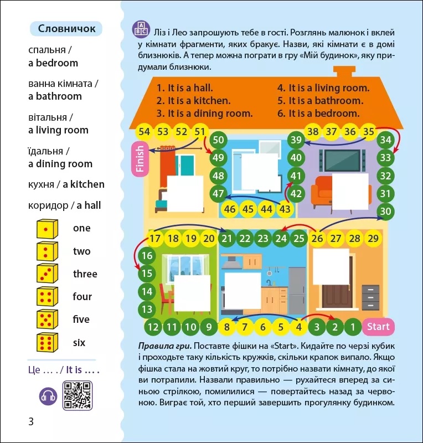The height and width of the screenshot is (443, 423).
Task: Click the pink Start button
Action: tap(378, 327)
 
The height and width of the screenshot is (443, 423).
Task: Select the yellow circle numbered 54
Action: tap(145, 132)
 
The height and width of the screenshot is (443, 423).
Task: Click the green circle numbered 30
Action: tap(386, 211)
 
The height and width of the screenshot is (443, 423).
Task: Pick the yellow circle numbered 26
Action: tap(317, 239)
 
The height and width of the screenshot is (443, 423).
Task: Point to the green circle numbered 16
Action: tap(147, 256)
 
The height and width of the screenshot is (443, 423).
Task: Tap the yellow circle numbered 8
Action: tap(227, 327)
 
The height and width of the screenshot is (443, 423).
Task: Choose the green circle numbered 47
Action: tap(218, 193)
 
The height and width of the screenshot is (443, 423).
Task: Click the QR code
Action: tap(78, 395)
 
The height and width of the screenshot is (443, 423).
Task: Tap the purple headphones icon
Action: tap(48, 396)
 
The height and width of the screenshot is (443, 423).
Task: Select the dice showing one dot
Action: tap(47, 228)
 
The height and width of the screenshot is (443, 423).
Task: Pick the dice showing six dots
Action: tap(47, 343)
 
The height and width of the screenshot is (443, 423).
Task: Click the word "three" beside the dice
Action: tap(85, 274)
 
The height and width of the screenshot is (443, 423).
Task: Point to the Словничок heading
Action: tap(66, 29)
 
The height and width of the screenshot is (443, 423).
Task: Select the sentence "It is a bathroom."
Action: tap(320, 100)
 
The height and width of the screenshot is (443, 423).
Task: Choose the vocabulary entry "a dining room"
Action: tap(60, 164)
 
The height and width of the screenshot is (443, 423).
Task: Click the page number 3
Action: tap(31, 421)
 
